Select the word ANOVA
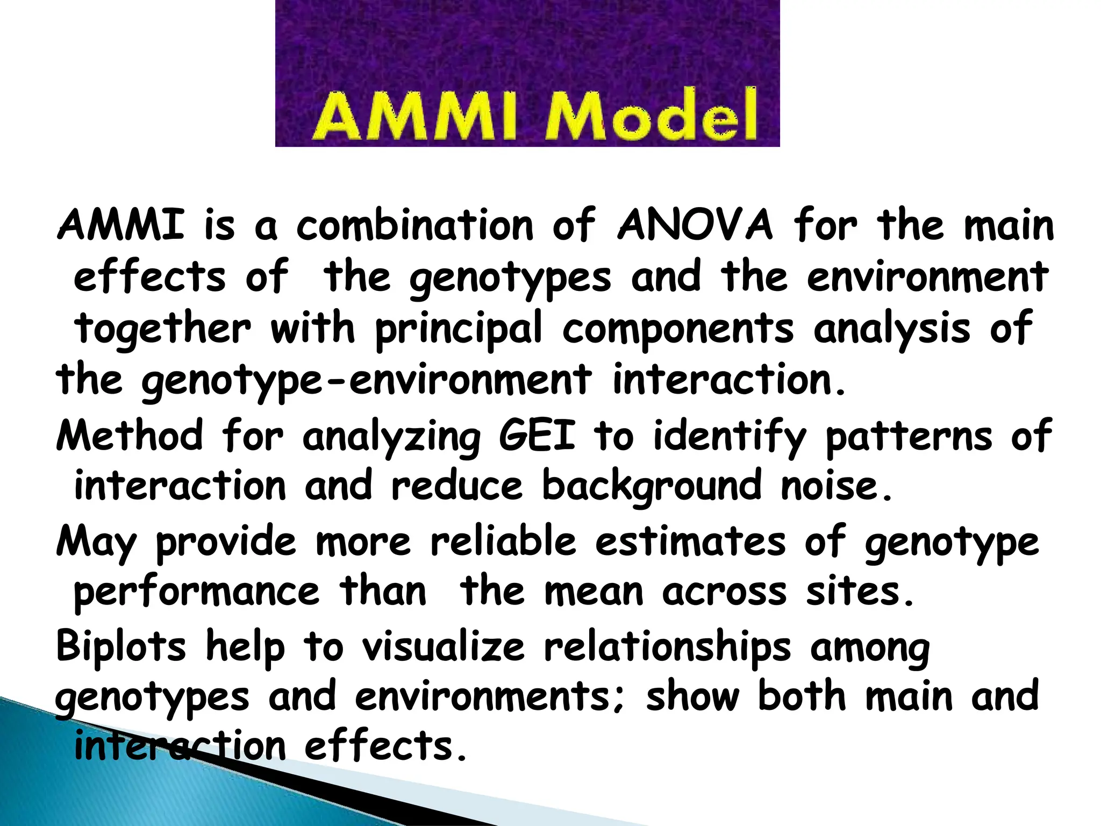tap(695, 225)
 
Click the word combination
tap(414, 225)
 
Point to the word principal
tap(458, 329)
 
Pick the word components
tap(677, 329)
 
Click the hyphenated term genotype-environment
tap(366, 381)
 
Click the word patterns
tap(909, 436)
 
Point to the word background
tap(652, 486)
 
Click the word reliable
tap(503, 541)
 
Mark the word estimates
tap(690, 541)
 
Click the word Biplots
tap(121, 645)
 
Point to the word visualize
tap(443, 645)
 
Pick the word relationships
tap(667, 646)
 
